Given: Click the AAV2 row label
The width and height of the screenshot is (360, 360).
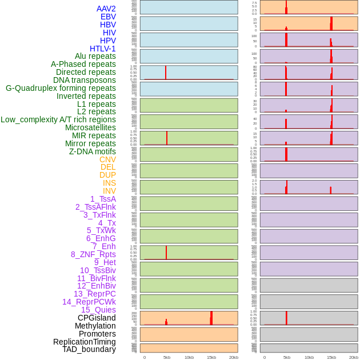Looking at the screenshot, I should coord(106,9).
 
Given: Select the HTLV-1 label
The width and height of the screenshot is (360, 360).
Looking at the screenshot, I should coord(102,49).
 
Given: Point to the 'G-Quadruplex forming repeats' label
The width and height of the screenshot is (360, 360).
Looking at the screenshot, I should coord(61,88).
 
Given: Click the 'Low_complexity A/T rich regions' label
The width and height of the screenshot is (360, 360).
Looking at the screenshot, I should coord(58,119).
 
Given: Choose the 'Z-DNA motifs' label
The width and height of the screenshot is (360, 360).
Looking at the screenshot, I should coord(92,151).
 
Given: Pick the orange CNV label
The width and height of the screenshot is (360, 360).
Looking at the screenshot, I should coord(107,159).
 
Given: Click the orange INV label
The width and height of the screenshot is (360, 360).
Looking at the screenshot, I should coord(109,191).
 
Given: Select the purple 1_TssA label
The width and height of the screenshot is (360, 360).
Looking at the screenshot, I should coord(103,199).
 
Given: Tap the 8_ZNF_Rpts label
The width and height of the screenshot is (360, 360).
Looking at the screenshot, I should coord(93,254).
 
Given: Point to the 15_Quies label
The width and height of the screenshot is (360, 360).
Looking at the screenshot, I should coord(98,310).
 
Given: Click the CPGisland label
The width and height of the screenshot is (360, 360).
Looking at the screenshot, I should coord(97,318).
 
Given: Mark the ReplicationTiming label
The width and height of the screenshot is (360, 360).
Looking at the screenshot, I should coord(84,342).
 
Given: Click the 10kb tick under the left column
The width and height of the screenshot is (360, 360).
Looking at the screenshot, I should coord(189,357).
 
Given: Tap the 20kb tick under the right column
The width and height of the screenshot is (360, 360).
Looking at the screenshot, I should coord(354,357).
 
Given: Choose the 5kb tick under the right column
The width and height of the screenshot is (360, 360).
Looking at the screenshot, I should coord(287,357).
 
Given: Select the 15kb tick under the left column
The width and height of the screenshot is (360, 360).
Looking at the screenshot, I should coord(211,357).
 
